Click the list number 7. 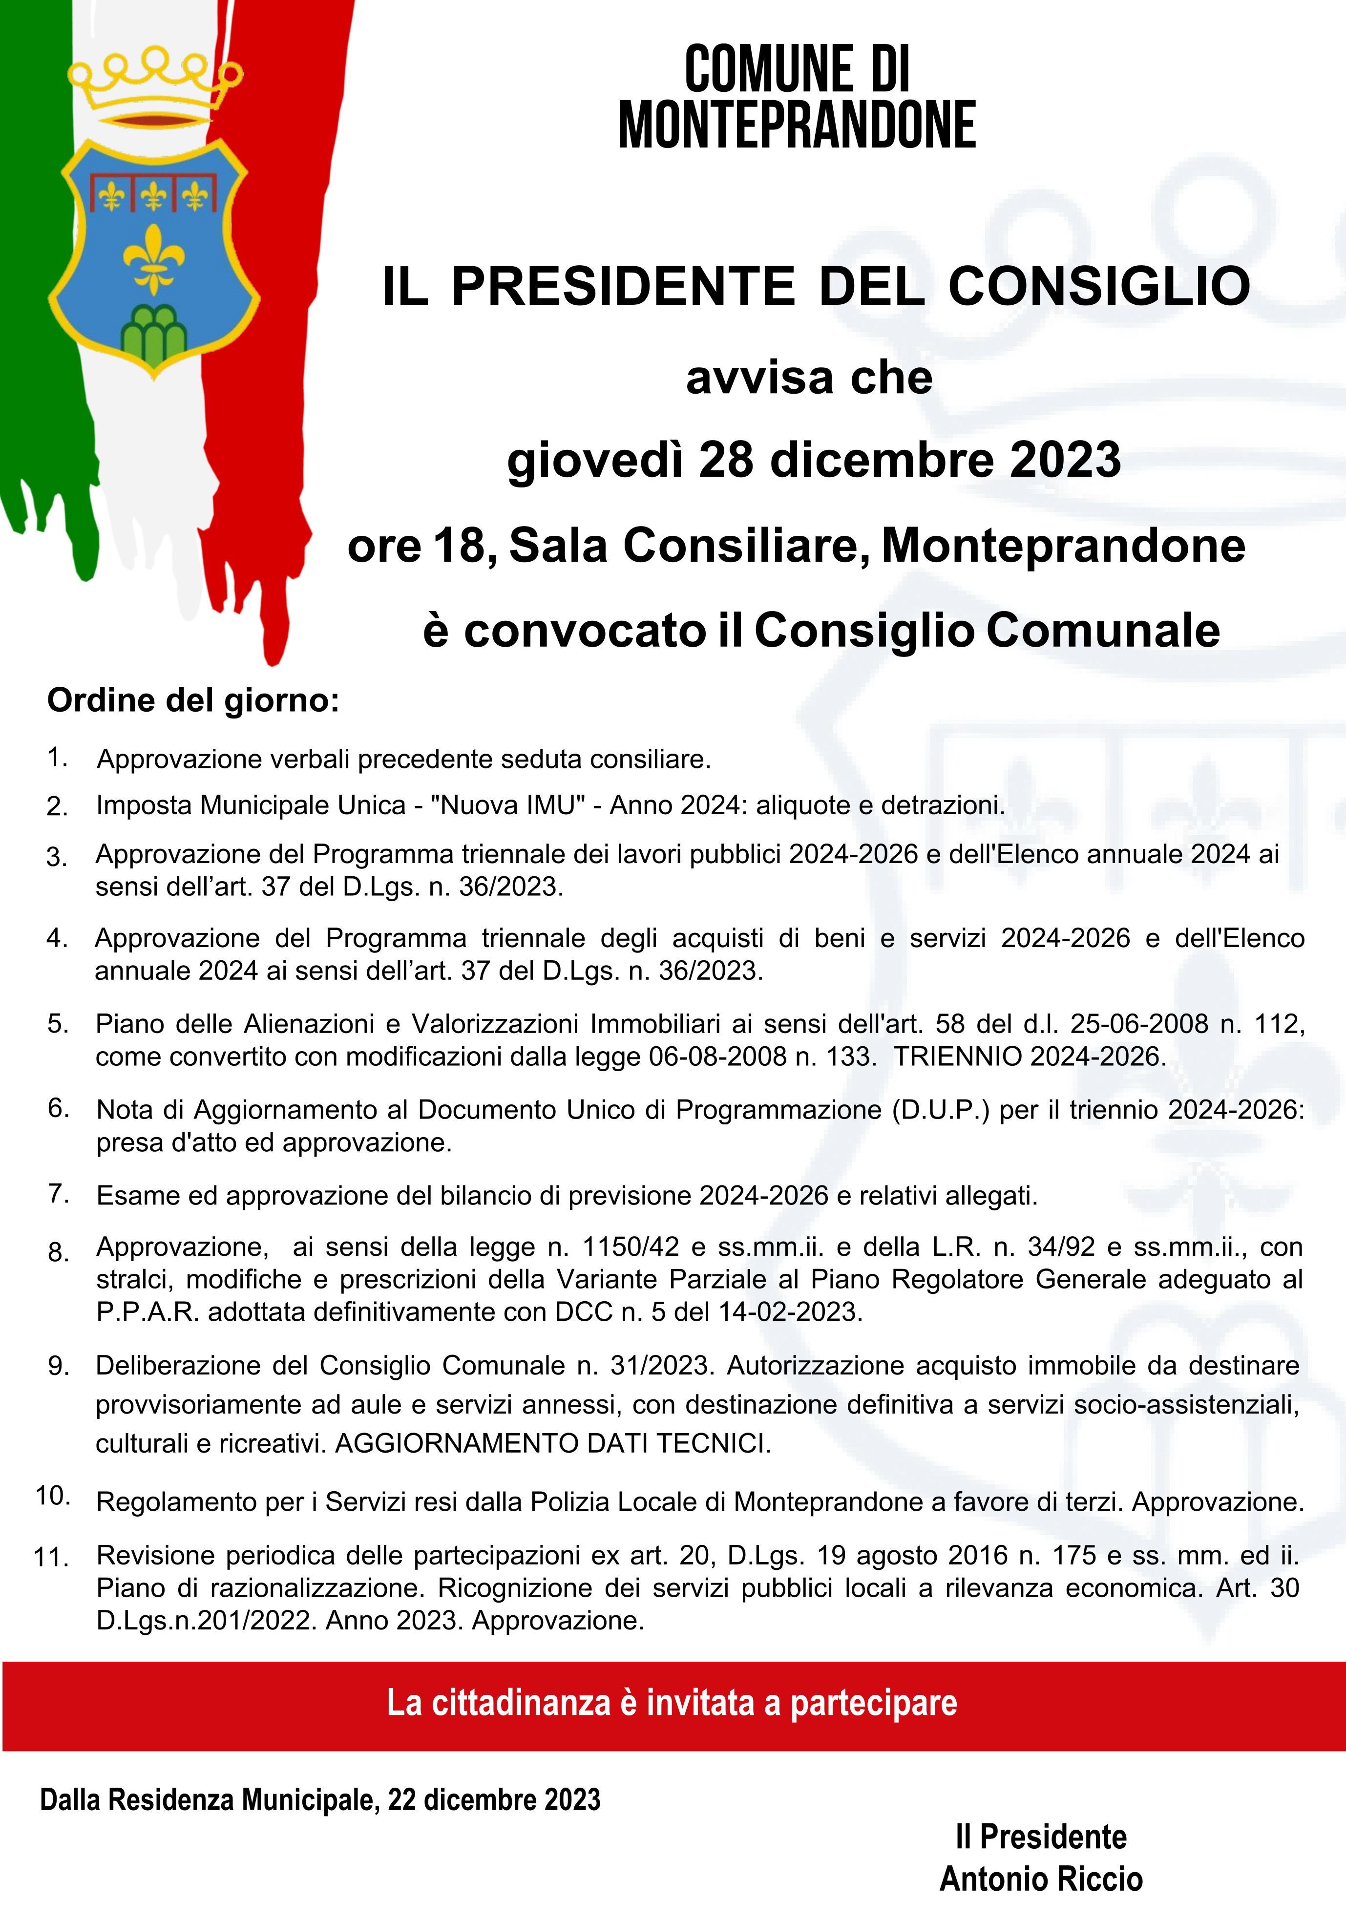click(x=59, y=1193)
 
